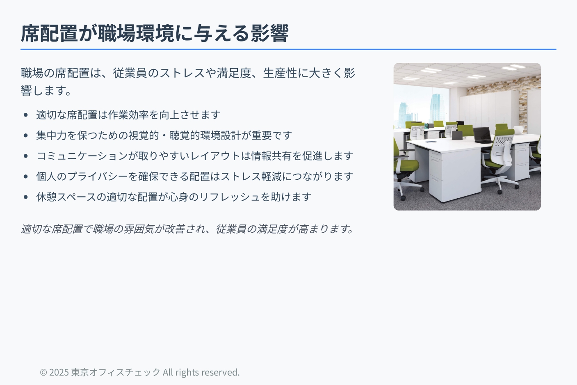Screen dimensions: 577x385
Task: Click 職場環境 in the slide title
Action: click(136, 33)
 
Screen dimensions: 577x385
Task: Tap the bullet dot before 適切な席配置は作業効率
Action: click(25, 115)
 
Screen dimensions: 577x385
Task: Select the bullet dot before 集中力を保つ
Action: click(25, 135)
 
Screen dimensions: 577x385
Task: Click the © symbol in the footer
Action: click(43, 372)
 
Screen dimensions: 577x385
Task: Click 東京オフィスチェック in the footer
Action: click(116, 372)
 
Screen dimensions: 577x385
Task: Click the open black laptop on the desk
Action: click(482, 135)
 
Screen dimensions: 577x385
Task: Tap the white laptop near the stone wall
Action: click(518, 129)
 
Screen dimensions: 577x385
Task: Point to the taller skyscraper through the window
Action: click(436, 108)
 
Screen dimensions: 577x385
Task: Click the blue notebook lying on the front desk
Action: click(431, 142)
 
